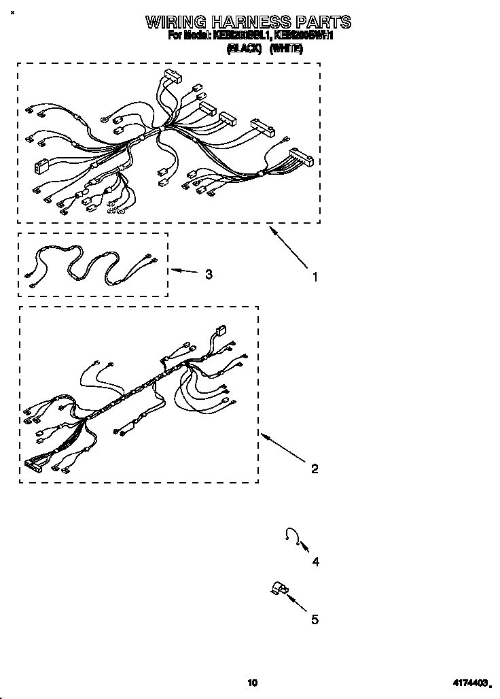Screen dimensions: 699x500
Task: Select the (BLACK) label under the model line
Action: pyautogui.click(x=244, y=48)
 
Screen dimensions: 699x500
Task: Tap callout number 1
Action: pyautogui.click(x=315, y=277)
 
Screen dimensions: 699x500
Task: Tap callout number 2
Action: pyautogui.click(x=315, y=468)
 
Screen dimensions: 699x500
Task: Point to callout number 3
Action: pyautogui.click(x=209, y=274)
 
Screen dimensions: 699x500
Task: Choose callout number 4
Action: pyautogui.click(x=315, y=562)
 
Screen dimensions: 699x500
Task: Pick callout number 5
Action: pyautogui.click(x=315, y=619)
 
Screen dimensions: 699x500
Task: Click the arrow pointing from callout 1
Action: pyautogui.click(x=288, y=249)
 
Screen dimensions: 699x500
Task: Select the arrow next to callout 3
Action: pyautogui.click(x=183, y=271)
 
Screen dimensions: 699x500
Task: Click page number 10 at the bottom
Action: pyautogui.click(x=252, y=683)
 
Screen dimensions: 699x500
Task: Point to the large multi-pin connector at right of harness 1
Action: pyautogui.click(x=301, y=158)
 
